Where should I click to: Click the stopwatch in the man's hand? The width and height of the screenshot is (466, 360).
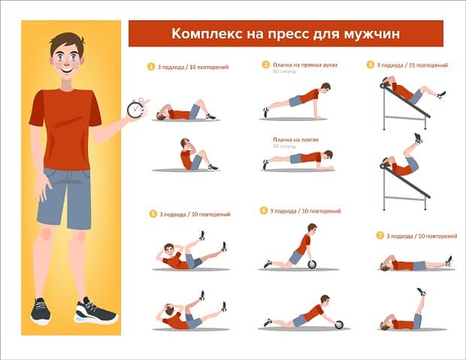click(135, 110)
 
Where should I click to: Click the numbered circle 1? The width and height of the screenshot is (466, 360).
click(151, 67)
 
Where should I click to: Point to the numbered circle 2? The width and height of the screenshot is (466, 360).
click(265, 65)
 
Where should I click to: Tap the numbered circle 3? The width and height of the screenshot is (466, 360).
click(370, 65)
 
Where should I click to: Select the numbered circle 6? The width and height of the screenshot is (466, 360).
click(264, 211)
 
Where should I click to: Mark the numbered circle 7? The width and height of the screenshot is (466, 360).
click(380, 235)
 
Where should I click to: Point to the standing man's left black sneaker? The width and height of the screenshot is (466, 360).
click(95, 310)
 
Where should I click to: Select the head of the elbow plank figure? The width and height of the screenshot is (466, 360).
click(327, 155)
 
